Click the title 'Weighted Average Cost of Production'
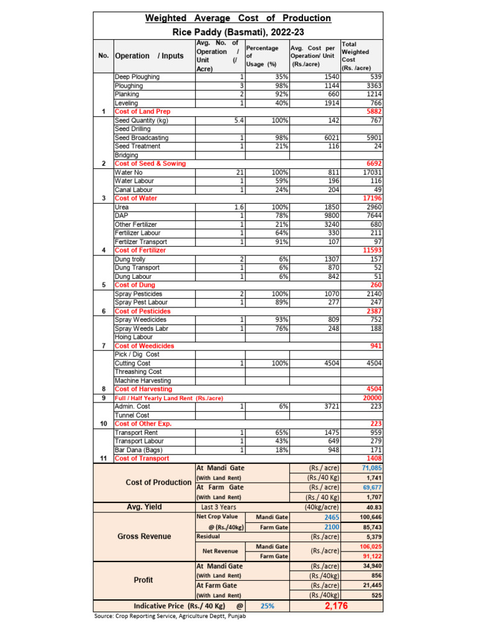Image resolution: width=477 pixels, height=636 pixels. (x=238, y=18)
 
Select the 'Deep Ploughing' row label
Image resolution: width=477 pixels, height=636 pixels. (x=137, y=77)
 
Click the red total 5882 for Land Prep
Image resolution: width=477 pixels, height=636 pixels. (x=373, y=112)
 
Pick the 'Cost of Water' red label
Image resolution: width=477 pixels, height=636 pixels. (x=136, y=198)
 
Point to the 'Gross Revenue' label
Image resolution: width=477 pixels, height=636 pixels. (x=143, y=536)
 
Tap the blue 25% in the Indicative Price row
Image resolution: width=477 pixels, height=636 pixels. (x=267, y=606)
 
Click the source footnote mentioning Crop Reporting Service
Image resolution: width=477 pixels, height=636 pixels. (x=170, y=616)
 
